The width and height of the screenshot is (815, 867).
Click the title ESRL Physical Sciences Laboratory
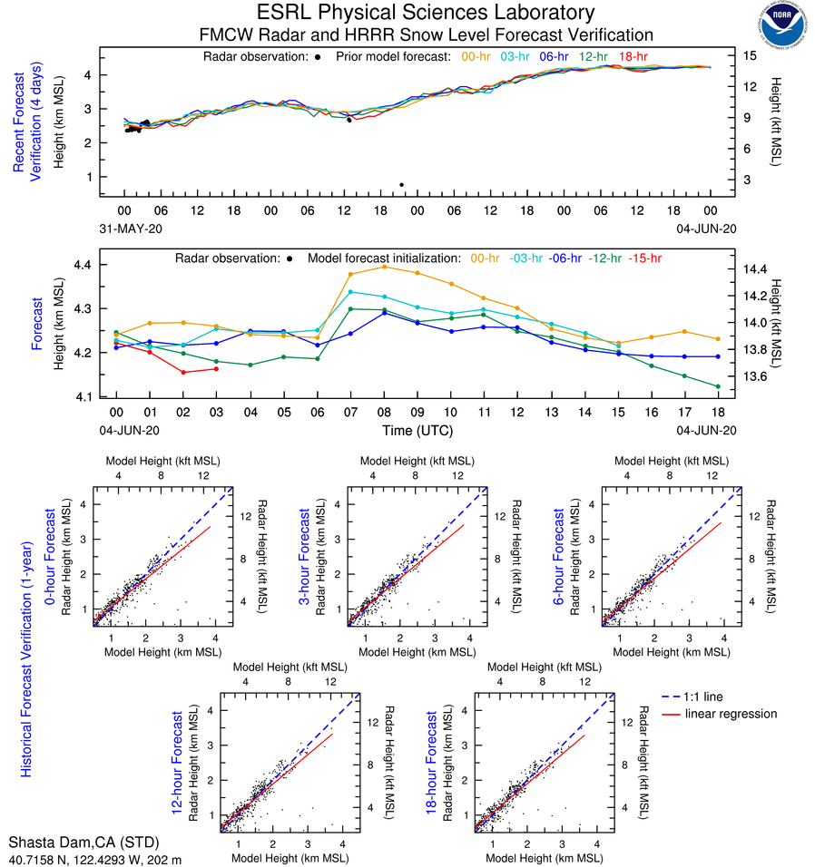(426, 13)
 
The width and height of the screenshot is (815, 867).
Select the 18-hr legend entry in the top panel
(633, 57)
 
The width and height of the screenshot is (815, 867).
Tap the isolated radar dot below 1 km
(401, 185)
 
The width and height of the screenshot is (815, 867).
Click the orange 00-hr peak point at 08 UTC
(384, 267)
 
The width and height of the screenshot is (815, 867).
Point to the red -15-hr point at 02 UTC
(183, 373)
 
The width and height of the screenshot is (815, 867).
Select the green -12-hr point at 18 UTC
(718, 386)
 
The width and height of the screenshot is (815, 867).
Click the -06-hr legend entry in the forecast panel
(565, 258)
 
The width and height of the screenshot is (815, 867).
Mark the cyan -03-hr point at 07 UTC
(350, 292)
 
